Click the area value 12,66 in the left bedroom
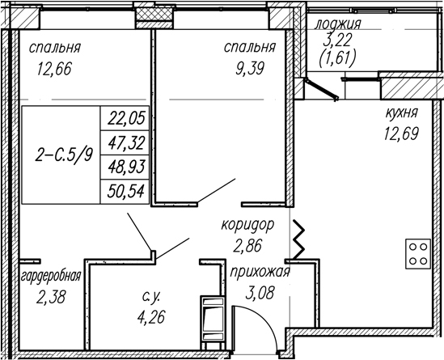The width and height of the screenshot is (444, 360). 54,69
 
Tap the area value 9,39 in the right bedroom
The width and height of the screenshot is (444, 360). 250,69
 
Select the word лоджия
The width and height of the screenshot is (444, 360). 338,24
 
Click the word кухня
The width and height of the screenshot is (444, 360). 401,113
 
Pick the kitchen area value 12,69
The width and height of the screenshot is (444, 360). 401,133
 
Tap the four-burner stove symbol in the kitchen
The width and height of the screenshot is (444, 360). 418,254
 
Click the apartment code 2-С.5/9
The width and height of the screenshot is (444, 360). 64,155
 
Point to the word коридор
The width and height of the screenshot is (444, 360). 247,225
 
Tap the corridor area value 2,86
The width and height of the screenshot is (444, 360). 247,245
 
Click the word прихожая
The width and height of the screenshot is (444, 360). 260,273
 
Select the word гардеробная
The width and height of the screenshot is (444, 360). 51,276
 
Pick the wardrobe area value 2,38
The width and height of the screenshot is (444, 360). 51,298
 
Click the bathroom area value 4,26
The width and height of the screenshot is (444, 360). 151,317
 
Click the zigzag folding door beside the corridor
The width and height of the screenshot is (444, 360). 298,239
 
